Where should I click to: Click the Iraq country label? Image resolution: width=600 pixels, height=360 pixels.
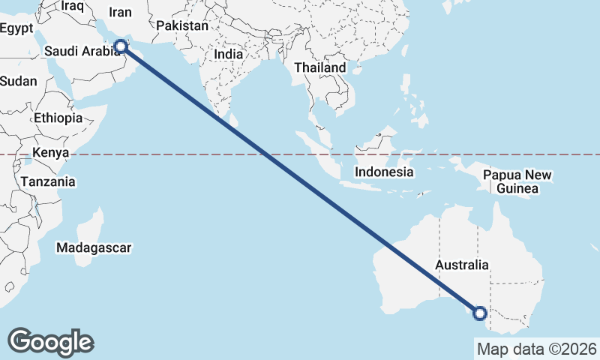(73, 6)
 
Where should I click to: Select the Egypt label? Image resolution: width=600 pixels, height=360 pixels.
(17, 28)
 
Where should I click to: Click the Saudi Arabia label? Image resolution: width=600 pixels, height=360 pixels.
(82, 51)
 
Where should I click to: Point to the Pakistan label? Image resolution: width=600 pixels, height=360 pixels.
(182, 25)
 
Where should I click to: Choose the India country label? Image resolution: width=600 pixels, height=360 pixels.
(228, 54)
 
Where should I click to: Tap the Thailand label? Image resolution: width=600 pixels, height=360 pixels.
(320, 67)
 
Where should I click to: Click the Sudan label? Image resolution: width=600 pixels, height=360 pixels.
(18, 81)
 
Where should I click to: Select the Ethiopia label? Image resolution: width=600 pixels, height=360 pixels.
(58, 118)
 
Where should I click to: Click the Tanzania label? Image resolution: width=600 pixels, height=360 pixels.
(48, 181)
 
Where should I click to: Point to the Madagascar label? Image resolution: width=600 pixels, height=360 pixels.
(94, 247)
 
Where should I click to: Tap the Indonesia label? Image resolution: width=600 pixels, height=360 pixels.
(385, 172)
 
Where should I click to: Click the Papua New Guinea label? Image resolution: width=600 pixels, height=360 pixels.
(517, 181)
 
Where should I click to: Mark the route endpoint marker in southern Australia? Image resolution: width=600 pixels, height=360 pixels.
(479, 313)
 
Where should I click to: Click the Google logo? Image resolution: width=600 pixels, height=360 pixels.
(50, 341)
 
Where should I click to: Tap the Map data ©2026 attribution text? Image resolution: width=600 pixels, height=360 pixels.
(536, 349)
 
